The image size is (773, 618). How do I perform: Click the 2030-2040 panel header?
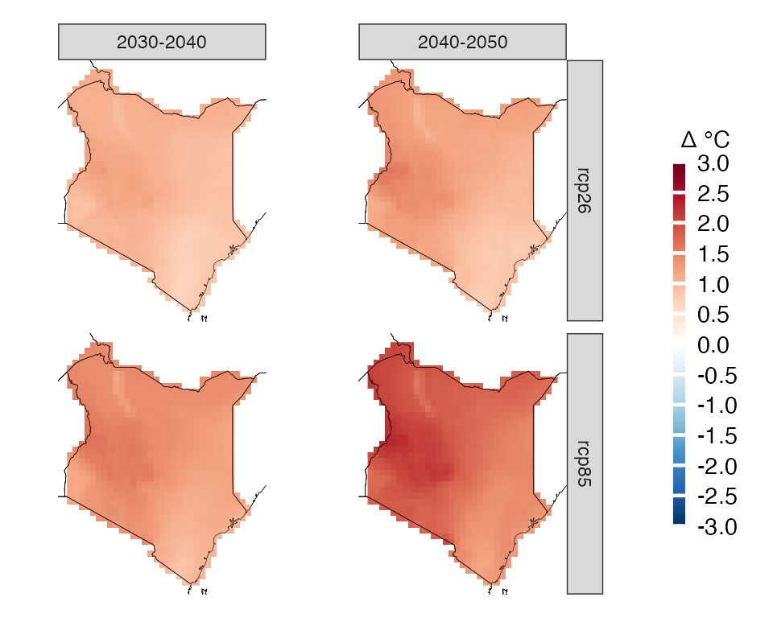pos(162,42)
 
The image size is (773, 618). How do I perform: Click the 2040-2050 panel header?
pos(462,42)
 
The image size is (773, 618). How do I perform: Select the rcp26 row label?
pos(585,191)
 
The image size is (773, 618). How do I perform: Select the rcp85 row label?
pos(585,463)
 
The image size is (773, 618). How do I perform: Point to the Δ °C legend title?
pos(705,140)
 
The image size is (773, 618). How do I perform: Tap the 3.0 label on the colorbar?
pos(713,163)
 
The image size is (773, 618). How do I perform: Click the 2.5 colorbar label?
pos(713,194)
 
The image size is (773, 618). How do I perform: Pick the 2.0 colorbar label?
pos(713,225)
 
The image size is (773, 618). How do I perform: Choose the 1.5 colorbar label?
pos(713,255)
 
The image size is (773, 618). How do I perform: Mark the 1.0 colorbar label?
pos(713,285)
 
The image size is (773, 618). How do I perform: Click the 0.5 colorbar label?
pos(713,315)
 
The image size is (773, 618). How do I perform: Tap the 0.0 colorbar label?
pos(713,345)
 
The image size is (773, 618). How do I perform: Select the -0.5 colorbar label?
pos(717,376)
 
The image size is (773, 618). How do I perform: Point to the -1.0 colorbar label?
pos(717,406)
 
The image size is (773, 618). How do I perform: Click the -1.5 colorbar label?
pos(717,437)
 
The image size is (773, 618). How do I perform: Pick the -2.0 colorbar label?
pos(717,467)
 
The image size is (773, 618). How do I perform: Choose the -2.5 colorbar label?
pos(717,496)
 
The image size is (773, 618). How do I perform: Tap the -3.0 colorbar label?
pos(717,527)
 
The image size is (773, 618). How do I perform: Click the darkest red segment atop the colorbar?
pos(679,179)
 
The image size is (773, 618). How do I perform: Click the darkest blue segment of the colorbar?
pos(679,511)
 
